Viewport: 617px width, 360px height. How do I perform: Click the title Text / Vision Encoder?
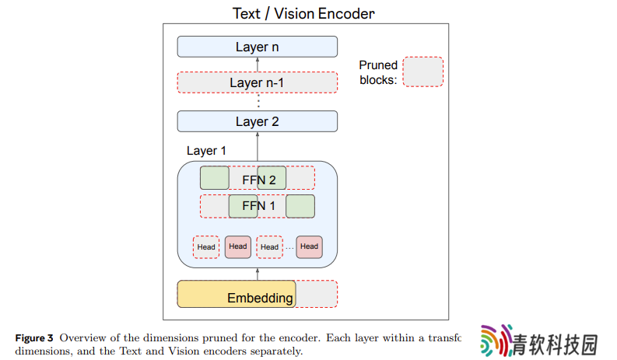pos(303,13)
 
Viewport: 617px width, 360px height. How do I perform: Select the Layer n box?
pos(258,47)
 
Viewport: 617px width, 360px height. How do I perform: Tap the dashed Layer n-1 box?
pos(258,82)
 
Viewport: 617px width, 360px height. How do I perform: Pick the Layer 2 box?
pos(258,121)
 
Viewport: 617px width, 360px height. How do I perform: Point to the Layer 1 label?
pos(206,151)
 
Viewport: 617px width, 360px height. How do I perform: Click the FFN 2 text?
pos(259,180)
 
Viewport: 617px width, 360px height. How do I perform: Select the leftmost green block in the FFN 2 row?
pos(215,178)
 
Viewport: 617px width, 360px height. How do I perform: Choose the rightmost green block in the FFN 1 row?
pos(300,206)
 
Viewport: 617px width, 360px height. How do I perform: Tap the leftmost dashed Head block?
pos(206,247)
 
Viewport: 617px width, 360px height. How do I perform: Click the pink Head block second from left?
pos(238,247)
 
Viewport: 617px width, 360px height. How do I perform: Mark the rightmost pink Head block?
pos(310,247)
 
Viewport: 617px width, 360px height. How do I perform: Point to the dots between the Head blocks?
pos(289,248)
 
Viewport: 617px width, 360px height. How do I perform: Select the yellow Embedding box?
pos(237,294)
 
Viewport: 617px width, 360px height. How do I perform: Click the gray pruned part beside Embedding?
pos(317,294)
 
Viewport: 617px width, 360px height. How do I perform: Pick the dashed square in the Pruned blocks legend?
pos(423,72)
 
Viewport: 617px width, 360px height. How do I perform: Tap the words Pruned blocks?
pos(378,72)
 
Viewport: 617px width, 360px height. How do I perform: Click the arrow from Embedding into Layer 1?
pos(258,274)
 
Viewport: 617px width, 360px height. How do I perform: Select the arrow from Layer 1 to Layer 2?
pos(258,146)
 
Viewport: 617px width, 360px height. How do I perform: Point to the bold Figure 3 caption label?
pos(34,338)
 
